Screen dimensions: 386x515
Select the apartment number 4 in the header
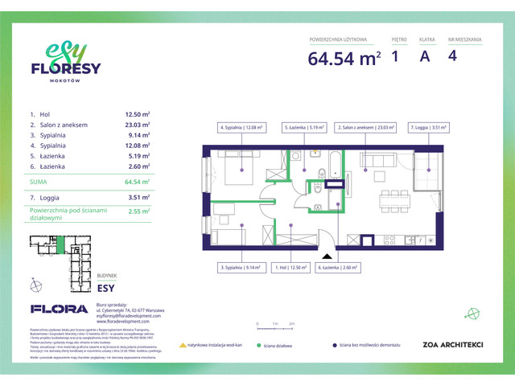[454, 56]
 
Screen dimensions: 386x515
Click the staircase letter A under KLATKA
[424, 56]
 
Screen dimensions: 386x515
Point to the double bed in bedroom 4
[241, 167]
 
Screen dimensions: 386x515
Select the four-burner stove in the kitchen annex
[389, 240]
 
